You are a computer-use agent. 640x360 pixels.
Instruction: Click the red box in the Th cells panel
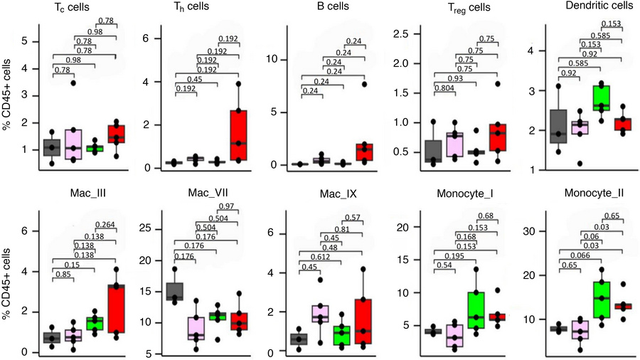click(x=240, y=135)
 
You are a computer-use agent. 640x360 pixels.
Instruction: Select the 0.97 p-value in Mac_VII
click(x=230, y=206)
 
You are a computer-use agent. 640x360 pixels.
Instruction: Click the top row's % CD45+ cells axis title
click(x=9, y=96)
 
